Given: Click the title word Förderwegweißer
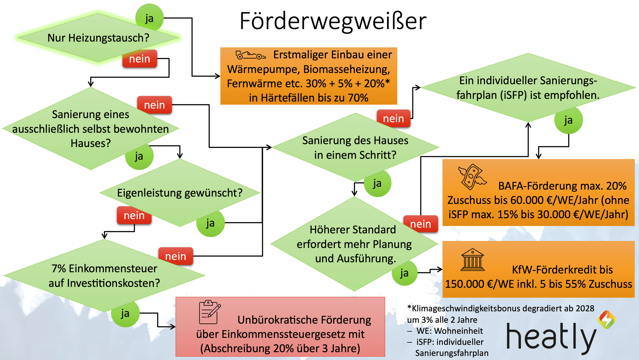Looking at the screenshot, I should (333, 21).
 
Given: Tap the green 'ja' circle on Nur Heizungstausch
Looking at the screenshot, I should (149, 18).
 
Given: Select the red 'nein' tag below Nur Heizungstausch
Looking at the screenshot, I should (139, 59).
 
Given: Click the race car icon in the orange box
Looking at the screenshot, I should (250, 55).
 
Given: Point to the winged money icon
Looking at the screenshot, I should (472, 177).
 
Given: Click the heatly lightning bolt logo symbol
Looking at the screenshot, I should (607, 320).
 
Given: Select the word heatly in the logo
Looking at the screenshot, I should (551, 337).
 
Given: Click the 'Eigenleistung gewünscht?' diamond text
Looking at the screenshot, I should (180, 193).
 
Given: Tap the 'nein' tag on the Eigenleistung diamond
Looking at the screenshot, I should (134, 215).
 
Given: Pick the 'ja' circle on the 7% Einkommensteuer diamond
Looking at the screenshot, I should (125, 313).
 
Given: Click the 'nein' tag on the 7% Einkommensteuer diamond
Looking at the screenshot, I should (175, 256).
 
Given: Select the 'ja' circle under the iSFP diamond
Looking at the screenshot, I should (568, 120).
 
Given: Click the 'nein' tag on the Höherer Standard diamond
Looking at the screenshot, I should (420, 224).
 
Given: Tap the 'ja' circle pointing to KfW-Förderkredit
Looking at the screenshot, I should (404, 273).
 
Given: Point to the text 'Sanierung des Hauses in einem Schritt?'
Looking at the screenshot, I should (355, 148).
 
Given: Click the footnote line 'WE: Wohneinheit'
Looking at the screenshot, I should (449, 331).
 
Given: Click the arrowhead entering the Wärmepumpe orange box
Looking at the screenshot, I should (218, 76).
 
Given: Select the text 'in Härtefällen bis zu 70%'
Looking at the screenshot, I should (309, 98).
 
